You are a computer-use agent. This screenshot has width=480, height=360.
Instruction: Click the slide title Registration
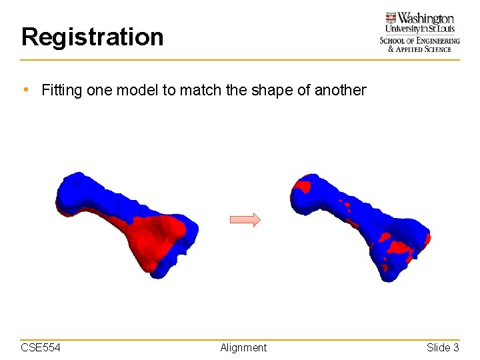[x=92, y=37]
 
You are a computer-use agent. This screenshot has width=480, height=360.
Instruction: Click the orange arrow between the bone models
[x=245, y=220]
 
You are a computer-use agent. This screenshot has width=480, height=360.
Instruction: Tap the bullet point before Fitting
[x=25, y=89]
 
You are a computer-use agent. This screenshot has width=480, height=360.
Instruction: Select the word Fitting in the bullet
[x=61, y=90]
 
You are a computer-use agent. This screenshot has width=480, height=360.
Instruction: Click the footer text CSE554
[x=41, y=347]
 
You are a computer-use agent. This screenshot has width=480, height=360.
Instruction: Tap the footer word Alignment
[x=243, y=347]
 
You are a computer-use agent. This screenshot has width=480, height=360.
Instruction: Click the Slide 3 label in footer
[x=443, y=347]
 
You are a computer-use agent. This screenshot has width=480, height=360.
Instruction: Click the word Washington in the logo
[x=427, y=19]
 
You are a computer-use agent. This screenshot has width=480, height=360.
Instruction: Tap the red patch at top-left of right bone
[x=304, y=185]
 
